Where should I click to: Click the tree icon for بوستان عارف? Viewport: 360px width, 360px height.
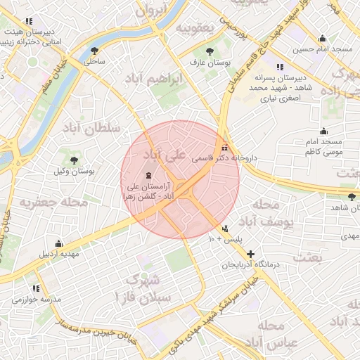point(210,51)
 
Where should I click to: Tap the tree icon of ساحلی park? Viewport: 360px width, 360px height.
point(94,50)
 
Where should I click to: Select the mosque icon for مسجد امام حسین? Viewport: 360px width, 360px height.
point(323,38)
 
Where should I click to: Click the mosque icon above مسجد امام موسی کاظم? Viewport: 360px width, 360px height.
point(323,131)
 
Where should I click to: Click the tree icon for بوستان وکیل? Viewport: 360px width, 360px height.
point(75,160)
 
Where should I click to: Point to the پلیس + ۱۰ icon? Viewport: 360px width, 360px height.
point(225,229)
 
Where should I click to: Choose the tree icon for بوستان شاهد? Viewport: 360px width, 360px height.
point(352,197)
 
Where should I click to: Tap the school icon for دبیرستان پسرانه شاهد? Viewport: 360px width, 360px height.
point(280,67)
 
